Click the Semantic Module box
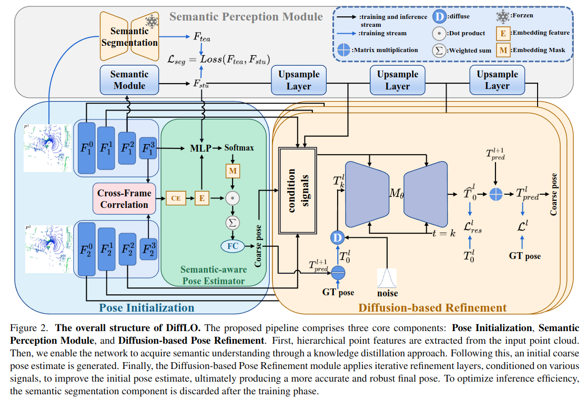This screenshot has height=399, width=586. pos(129,80)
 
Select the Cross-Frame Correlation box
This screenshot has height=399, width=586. pos(125,198)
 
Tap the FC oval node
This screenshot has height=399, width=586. pos(233,246)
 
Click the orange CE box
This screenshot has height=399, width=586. pos(176,198)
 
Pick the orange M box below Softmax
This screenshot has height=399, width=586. pos(233,171)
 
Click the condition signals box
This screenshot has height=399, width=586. pos(298,191)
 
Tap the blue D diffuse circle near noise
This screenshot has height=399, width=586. pos(338,237)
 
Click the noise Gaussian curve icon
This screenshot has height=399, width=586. pos(387,278)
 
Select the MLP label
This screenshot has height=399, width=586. pos(201,148)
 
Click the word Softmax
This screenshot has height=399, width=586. pos(239,148)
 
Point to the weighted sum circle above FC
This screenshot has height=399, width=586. pos(233,223)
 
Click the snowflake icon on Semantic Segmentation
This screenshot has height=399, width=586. pos(151,21)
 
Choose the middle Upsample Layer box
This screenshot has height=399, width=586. pos(398,80)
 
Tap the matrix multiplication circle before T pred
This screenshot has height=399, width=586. pos(496,194)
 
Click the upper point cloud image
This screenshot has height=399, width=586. pos(47,148)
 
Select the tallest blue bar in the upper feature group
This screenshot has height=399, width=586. pos(87,148)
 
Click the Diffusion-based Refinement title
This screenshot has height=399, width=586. pos(432,307)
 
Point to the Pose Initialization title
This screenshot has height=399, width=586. pos(146,307)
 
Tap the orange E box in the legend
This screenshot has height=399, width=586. pos(503,34)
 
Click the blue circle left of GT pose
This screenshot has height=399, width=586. pos(338,273)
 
